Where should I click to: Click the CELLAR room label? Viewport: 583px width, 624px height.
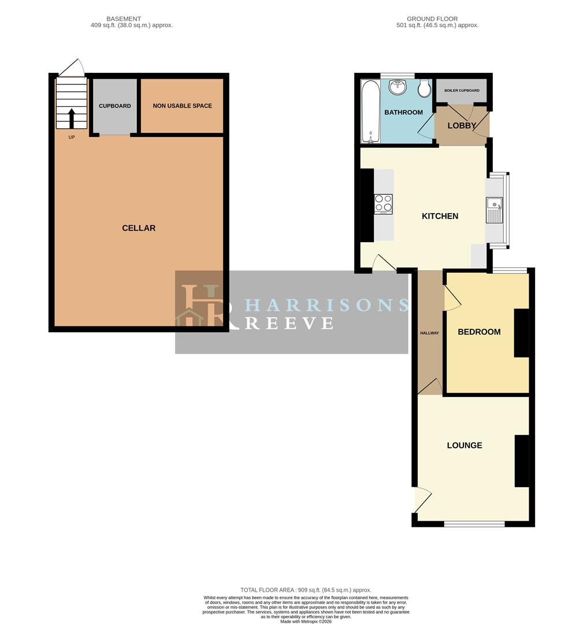(x=139, y=228)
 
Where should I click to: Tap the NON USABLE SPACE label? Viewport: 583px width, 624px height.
(x=182, y=106)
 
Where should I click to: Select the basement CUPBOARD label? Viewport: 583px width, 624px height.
(x=114, y=106)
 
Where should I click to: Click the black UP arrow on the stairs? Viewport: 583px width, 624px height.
(x=72, y=118)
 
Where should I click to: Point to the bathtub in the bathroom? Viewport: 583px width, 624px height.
(x=370, y=112)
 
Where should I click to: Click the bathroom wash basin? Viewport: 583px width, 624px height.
(x=398, y=87)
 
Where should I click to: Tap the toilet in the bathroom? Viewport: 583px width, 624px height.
(x=425, y=88)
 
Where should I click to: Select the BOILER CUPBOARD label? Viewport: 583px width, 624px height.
(x=462, y=90)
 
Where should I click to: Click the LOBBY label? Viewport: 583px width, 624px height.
(x=462, y=126)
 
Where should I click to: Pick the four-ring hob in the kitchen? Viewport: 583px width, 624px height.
(x=383, y=204)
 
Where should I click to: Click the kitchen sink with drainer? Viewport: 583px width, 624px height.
(x=494, y=210)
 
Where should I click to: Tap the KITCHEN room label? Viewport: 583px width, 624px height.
(x=440, y=216)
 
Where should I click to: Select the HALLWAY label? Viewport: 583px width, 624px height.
(x=429, y=333)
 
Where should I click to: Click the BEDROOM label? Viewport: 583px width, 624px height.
(x=479, y=332)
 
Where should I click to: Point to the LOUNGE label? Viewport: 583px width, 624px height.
(x=465, y=445)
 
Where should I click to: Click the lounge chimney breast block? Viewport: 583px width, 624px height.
(x=522, y=461)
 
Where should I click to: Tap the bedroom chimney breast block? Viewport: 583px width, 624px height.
(x=521, y=333)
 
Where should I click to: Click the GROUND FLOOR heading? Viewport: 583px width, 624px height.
(x=432, y=18)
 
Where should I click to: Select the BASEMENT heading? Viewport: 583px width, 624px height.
(x=124, y=18)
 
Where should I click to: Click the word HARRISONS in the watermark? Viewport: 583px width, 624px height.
(x=326, y=305)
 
